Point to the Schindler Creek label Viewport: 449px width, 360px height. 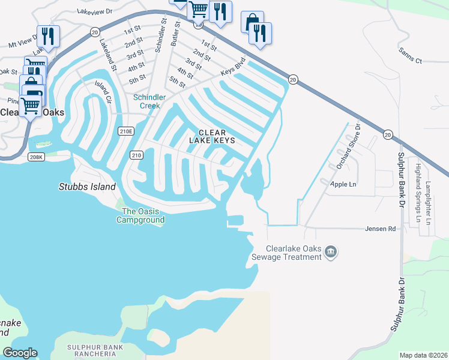(146, 101)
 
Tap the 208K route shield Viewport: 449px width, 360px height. (36, 157)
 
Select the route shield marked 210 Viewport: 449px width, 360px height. (136, 155)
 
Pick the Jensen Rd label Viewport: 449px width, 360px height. (381, 229)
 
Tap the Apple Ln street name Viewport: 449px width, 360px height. (343, 184)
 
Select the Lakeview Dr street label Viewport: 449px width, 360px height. (97, 10)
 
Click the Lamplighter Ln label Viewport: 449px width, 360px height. (428, 202)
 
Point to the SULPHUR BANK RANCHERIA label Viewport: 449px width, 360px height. (95, 351)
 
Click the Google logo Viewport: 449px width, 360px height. (20, 353)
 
